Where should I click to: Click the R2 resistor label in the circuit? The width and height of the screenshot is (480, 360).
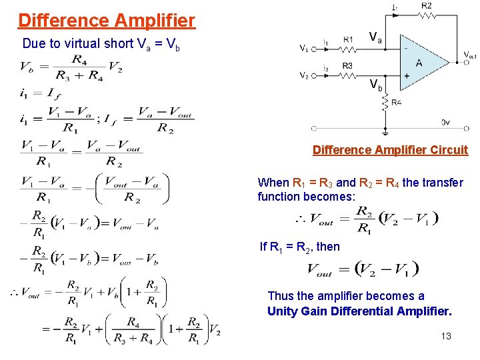tap(426, 6)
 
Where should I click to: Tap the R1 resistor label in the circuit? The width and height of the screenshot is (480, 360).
tap(349, 40)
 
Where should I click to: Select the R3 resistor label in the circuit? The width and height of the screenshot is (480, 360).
tap(347, 65)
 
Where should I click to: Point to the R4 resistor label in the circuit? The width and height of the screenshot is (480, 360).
tap(396, 102)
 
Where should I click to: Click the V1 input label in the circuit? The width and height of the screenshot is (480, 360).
tap(304, 49)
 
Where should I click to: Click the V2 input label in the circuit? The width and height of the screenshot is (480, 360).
tap(304, 75)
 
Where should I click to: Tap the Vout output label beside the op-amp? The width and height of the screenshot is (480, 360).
tap(470, 55)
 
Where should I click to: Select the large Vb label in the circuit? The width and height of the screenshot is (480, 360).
tap(376, 85)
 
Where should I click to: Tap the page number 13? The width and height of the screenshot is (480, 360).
tap(446, 336)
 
